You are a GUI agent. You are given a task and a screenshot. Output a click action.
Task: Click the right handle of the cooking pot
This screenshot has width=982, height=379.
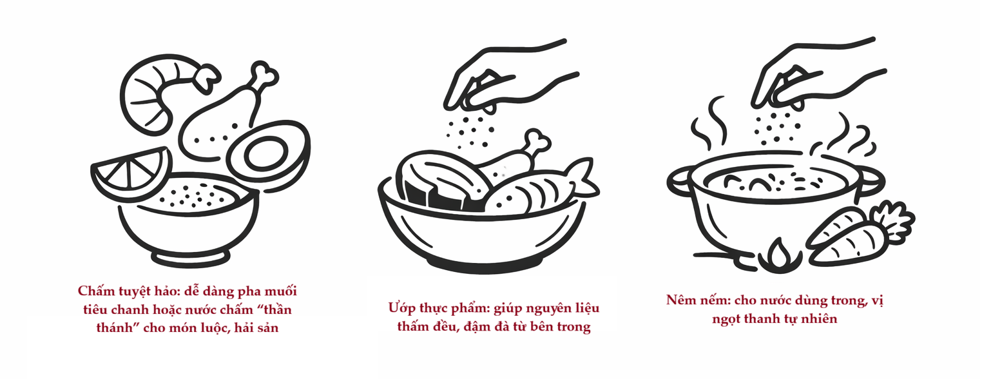point(872,181)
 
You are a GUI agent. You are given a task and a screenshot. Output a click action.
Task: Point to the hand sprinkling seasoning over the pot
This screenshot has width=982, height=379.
point(811,75)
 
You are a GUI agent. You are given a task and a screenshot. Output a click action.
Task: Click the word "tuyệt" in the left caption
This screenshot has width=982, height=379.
point(134,291)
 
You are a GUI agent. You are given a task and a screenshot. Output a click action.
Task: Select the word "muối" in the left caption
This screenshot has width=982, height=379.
point(280,291)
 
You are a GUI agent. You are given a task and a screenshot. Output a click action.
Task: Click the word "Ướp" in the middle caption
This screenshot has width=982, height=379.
point(401,308)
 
